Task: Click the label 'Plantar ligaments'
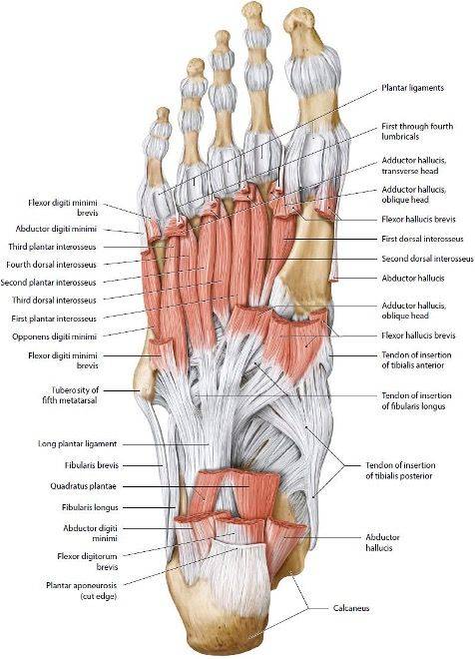[412, 88]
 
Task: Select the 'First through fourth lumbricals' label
[417, 131]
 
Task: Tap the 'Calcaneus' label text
[351, 608]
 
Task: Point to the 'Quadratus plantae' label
[83, 486]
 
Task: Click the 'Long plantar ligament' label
[77, 443]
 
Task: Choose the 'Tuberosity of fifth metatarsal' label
[70, 395]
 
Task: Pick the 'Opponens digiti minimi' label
[54, 336]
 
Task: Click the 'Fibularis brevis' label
[92, 465]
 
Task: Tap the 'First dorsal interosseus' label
[422, 239]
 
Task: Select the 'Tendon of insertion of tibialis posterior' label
[400, 470]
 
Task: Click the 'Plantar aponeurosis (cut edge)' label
[82, 590]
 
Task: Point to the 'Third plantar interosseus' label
[52, 247]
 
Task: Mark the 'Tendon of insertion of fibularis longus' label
[416, 401]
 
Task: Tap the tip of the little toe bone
[163, 114]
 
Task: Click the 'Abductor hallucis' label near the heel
[382, 542]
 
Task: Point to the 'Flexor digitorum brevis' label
[88, 561]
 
